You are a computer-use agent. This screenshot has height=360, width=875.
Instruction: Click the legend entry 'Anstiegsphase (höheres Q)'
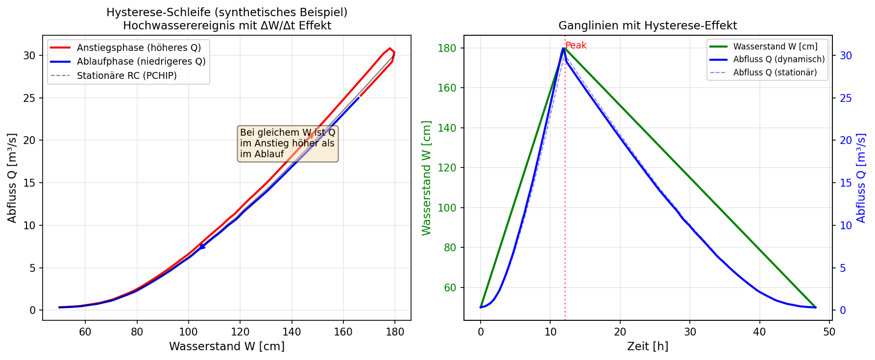(139, 48)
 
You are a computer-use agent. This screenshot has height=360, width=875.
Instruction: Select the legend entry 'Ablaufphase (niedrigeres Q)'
(141, 62)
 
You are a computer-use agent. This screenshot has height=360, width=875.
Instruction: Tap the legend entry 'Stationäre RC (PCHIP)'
(126, 76)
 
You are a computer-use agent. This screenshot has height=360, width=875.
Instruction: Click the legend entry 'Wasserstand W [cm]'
(775, 47)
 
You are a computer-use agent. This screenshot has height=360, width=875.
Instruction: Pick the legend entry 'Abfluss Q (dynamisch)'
(779, 60)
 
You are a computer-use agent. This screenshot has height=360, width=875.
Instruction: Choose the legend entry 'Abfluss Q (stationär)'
(775, 73)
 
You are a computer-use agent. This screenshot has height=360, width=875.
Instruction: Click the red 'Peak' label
(576, 46)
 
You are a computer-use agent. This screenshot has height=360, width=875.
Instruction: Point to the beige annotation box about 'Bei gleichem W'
(288, 144)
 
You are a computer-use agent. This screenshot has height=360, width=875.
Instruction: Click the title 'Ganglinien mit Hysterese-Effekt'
(648, 26)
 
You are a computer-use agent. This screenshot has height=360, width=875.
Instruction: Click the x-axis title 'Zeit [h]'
(648, 347)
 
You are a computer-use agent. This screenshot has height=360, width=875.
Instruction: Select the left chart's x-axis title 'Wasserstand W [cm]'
(227, 347)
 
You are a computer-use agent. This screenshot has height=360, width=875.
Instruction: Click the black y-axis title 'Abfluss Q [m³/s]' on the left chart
(12, 178)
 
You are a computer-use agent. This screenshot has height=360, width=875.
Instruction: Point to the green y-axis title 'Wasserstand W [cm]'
(426, 178)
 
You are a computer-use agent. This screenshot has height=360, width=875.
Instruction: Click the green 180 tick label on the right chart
(450, 48)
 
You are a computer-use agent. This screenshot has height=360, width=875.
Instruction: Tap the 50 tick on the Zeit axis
(829, 332)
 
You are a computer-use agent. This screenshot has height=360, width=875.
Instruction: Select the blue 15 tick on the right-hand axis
(846, 183)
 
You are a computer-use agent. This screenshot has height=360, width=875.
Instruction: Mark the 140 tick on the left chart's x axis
(292, 332)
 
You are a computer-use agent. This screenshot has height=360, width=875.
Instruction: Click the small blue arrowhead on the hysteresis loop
(201, 246)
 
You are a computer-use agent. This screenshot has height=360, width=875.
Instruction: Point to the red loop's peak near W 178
(390, 48)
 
